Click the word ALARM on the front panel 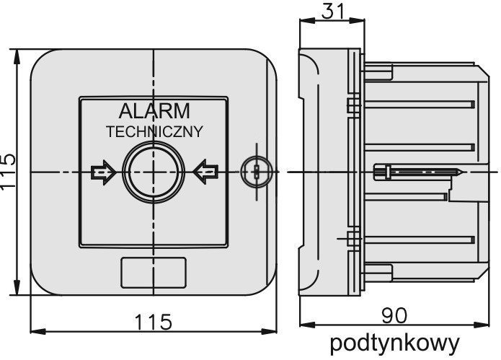click(x=154, y=111)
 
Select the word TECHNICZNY click(x=154, y=132)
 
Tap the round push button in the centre click(x=154, y=172)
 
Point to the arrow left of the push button click(x=103, y=172)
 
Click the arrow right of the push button click(x=205, y=172)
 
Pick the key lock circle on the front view click(x=257, y=172)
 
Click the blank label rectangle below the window click(x=154, y=273)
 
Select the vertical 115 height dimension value click(x=8, y=172)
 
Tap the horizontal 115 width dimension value click(x=154, y=321)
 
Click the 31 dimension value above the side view click(x=333, y=12)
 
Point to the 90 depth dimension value click(x=394, y=315)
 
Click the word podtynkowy click(x=394, y=343)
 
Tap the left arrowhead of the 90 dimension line click(x=308, y=325)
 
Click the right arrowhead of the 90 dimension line click(x=482, y=325)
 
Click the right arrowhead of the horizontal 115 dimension click(x=269, y=332)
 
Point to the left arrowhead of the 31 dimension click(x=308, y=20)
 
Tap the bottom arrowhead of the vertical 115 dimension click(x=17, y=287)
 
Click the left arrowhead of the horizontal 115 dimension click(x=38, y=332)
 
